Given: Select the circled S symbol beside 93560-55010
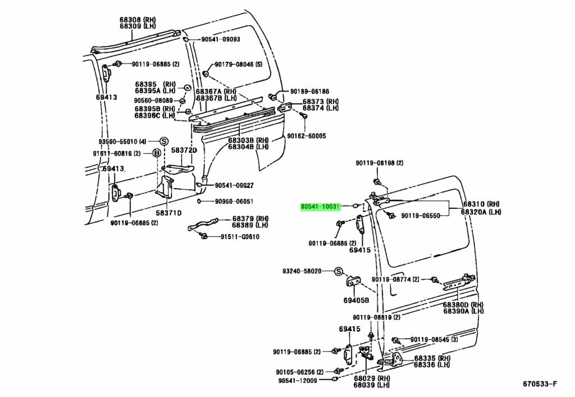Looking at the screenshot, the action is [164, 141].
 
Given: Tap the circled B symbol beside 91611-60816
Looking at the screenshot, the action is [157, 153].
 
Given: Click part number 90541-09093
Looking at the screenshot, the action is [221, 39].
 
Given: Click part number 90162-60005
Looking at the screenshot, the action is [306, 136].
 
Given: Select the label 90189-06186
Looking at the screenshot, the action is [309, 92].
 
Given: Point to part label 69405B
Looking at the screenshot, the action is [356, 300].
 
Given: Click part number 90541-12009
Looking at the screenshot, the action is [298, 380].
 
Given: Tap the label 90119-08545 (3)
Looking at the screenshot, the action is [434, 340].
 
